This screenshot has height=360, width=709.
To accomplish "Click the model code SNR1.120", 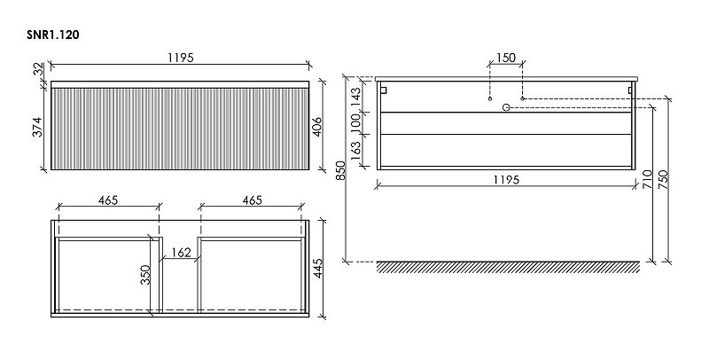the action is (53, 35).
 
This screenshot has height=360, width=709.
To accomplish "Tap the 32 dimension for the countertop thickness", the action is (39, 69).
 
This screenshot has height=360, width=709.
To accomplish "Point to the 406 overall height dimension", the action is (317, 127).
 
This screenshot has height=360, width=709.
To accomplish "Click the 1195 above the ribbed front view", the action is (181, 58).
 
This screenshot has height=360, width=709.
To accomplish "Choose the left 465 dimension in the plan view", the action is (108, 200).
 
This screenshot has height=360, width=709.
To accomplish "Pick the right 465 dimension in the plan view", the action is (252, 200).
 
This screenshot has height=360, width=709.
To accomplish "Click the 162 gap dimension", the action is (182, 253).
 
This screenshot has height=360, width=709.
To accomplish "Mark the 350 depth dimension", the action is (145, 275).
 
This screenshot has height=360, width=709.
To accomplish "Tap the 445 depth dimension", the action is (318, 268).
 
